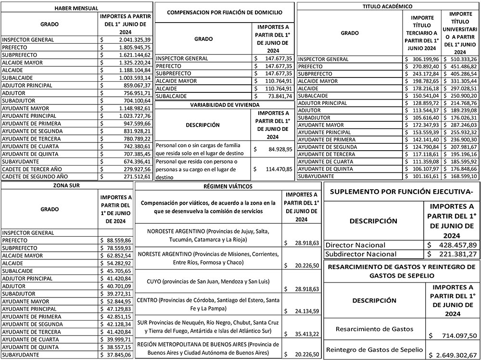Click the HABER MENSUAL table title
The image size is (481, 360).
coord(76,9)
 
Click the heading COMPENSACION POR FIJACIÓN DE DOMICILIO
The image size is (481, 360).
coord(224,13)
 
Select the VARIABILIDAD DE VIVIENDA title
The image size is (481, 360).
coord(225,104)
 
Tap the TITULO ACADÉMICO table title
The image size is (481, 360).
coord(389,6)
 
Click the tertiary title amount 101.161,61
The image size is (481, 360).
coord(422,177)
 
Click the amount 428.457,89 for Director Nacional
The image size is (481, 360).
coord(452,244)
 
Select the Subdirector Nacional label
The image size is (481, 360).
coord(361,254)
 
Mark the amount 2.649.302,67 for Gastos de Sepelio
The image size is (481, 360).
coord(452,355)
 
